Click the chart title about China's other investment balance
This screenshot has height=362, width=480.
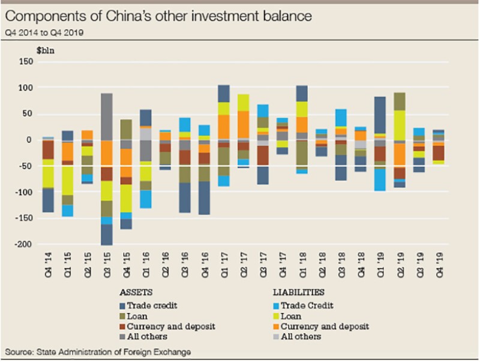[x=158, y=17]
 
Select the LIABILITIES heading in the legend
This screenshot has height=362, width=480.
[x=299, y=293]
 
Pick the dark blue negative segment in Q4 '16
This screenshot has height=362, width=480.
[x=204, y=198]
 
